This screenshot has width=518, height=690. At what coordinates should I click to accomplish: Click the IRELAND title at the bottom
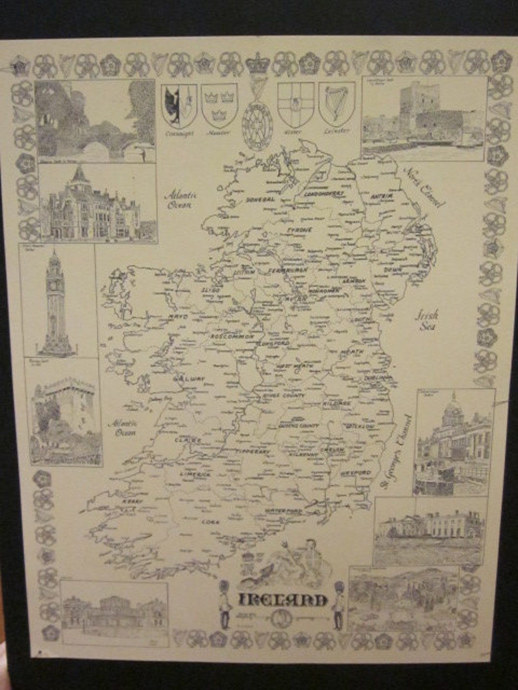[x=283, y=600]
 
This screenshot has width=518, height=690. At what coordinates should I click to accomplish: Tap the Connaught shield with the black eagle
[x=179, y=105]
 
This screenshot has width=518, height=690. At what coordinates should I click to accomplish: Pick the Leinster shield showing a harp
[x=336, y=104]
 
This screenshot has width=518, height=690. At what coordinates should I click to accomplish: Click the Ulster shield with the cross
[x=296, y=104]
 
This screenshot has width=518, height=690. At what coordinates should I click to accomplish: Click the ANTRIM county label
[x=382, y=196]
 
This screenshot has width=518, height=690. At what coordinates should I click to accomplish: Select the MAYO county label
[x=177, y=317]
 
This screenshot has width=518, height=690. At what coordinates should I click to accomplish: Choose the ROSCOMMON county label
[x=232, y=337]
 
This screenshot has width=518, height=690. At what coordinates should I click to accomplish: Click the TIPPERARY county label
[x=254, y=451]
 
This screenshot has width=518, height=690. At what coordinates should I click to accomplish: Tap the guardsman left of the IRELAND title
[x=224, y=605]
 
